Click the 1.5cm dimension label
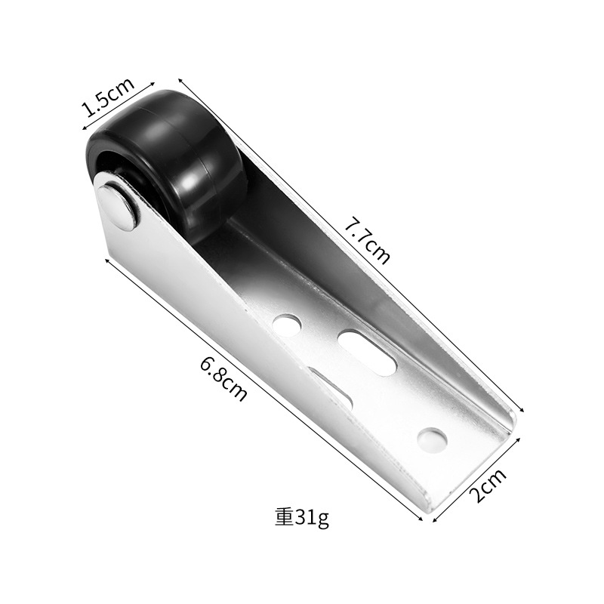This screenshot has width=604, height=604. point(109,97)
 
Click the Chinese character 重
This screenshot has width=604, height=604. point(285,518)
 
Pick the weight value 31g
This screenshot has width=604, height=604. point(312,519)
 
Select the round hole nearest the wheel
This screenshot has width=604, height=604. point(287,325)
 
